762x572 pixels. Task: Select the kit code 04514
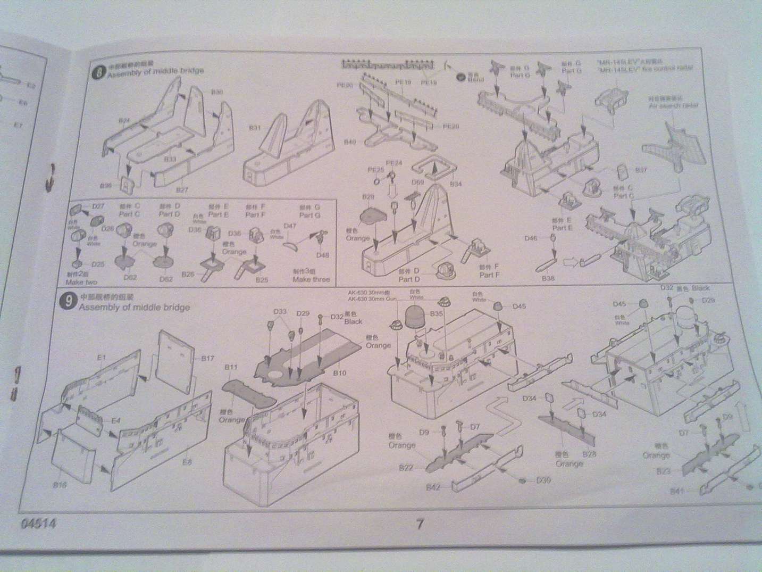[x=39, y=524]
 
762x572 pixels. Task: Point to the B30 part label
[x=217, y=92]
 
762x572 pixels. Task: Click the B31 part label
[x=255, y=128]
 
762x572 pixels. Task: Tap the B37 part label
[x=642, y=170]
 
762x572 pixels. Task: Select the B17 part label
[x=207, y=359]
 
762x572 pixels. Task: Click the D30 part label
[x=543, y=480]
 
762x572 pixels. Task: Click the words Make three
[x=311, y=279]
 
